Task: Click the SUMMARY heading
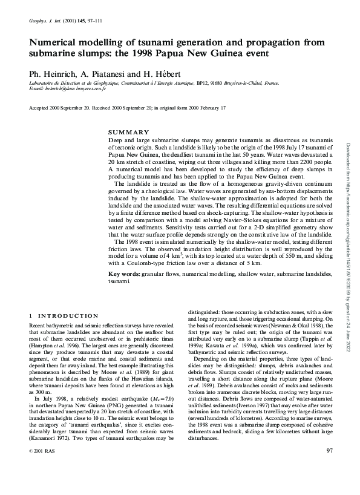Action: click(x=128, y=132)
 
